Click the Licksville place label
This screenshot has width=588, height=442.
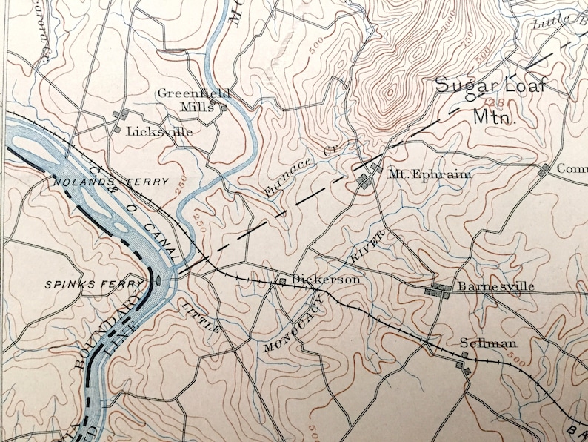[159, 131]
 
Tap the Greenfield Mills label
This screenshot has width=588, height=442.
[194, 99]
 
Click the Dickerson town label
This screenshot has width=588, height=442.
[326, 280]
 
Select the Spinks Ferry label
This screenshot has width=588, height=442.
[93, 284]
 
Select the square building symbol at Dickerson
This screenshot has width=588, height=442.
[282, 281]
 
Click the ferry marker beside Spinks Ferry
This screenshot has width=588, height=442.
[159, 280]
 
